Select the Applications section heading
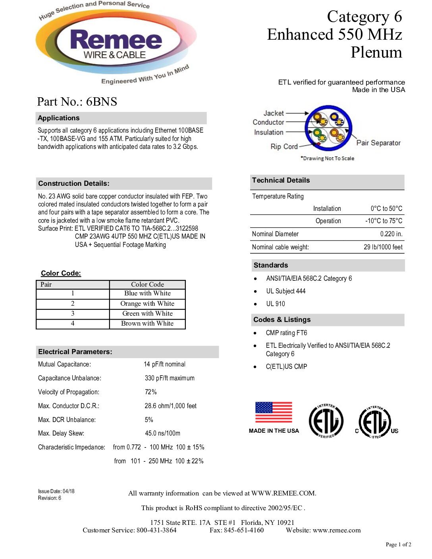pos(59,118)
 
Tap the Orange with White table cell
pos(147,304)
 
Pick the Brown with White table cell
pos(147,324)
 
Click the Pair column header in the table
pos(46,284)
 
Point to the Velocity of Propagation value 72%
pos(150,392)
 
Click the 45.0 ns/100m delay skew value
pos(162,433)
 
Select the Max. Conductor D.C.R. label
pos(69,406)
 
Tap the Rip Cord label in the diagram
pos(284,146)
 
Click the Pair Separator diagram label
pos(378,143)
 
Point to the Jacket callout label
pos(274,113)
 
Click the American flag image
pos(274,412)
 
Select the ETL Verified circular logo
pos(326,421)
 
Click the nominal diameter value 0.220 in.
pos(391,234)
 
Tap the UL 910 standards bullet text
pos(276,304)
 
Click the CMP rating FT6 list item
pos(286,333)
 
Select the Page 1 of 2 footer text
pos(398,544)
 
